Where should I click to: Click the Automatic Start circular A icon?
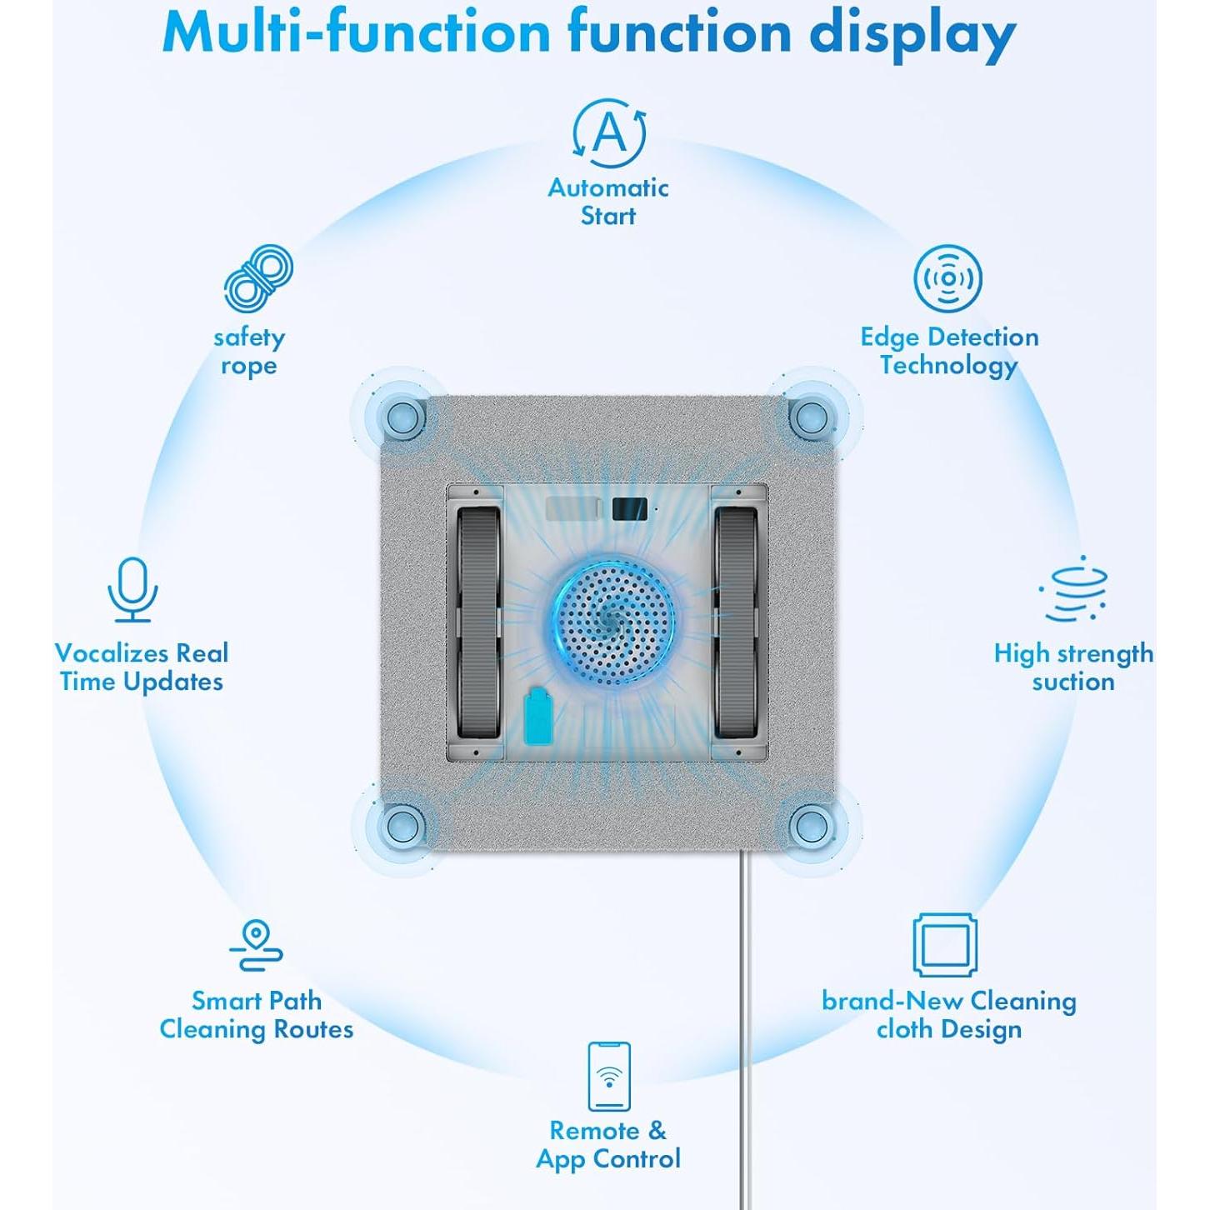[609, 133]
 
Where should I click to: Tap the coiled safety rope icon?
[258, 279]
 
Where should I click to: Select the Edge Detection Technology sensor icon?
[947, 278]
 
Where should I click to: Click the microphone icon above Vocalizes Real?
[132, 589]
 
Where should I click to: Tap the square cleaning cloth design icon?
[944, 945]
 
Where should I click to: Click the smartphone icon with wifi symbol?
[609, 1076]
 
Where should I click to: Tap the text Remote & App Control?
[608, 1144]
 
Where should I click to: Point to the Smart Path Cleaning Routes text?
[257, 1015]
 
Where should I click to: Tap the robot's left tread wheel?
[478, 622]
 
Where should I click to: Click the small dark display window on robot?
[629, 509]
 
